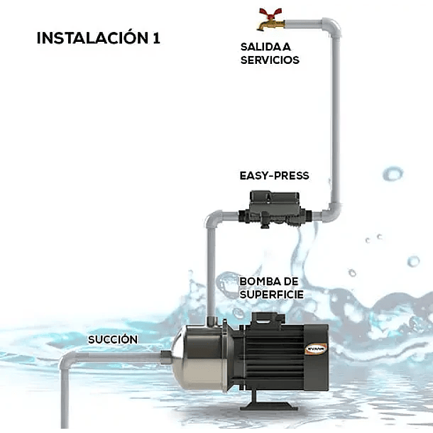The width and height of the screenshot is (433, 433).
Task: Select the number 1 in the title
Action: tap(155, 38)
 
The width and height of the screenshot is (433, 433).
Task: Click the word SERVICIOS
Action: tap(270, 60)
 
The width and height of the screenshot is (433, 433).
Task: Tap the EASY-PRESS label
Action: tap(275, 175)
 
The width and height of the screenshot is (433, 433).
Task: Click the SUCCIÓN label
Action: tap(113, 339)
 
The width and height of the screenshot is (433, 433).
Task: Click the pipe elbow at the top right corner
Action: tap(331, 28)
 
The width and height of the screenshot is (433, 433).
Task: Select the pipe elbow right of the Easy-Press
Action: tap(331, 212)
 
